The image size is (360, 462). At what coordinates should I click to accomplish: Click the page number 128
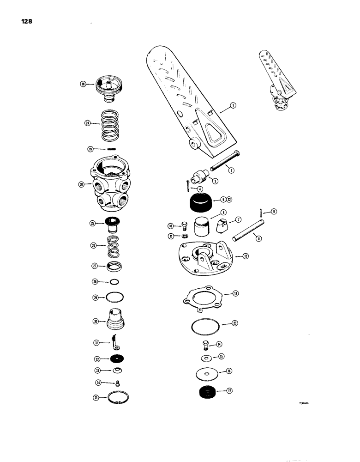pyautogui.click(x=26, y=22)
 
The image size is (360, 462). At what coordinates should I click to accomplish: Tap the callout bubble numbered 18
pyautogui.click(x=83, y=84)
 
